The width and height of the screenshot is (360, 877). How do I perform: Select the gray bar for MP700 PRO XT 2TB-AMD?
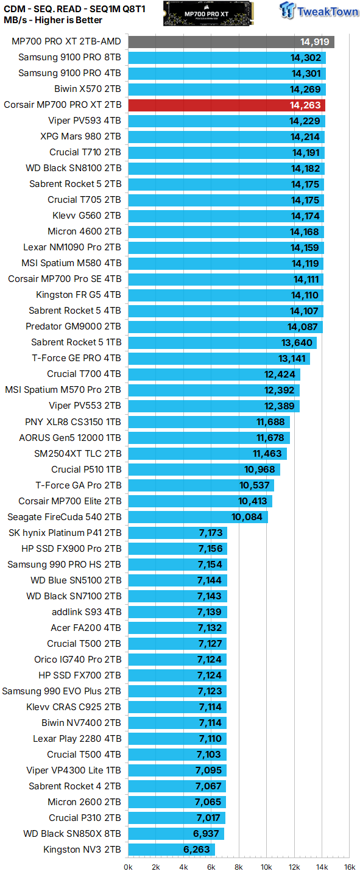(x=231, y=42)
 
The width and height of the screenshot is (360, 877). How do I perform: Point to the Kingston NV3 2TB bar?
(x=171, y=850)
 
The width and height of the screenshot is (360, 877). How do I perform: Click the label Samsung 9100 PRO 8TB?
(x=69, y=58)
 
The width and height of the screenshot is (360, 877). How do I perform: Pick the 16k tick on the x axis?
(x=349, y=867)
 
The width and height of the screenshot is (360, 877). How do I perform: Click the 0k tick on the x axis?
(x=129, y=867)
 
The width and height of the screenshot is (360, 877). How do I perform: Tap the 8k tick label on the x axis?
(x=239, y=867)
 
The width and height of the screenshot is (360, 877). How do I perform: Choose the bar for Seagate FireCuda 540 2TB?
(x=198, y=517)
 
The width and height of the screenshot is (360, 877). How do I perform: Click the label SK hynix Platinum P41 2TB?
(x=65, y=533)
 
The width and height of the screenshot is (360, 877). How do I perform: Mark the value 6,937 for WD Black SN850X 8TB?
(x=205, y=834)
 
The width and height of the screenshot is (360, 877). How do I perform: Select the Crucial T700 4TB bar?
(x=214, y=375)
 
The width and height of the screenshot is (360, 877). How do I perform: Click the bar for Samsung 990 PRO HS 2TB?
(x=177, y=565)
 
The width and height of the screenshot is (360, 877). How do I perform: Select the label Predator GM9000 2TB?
(x=73, y=327)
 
